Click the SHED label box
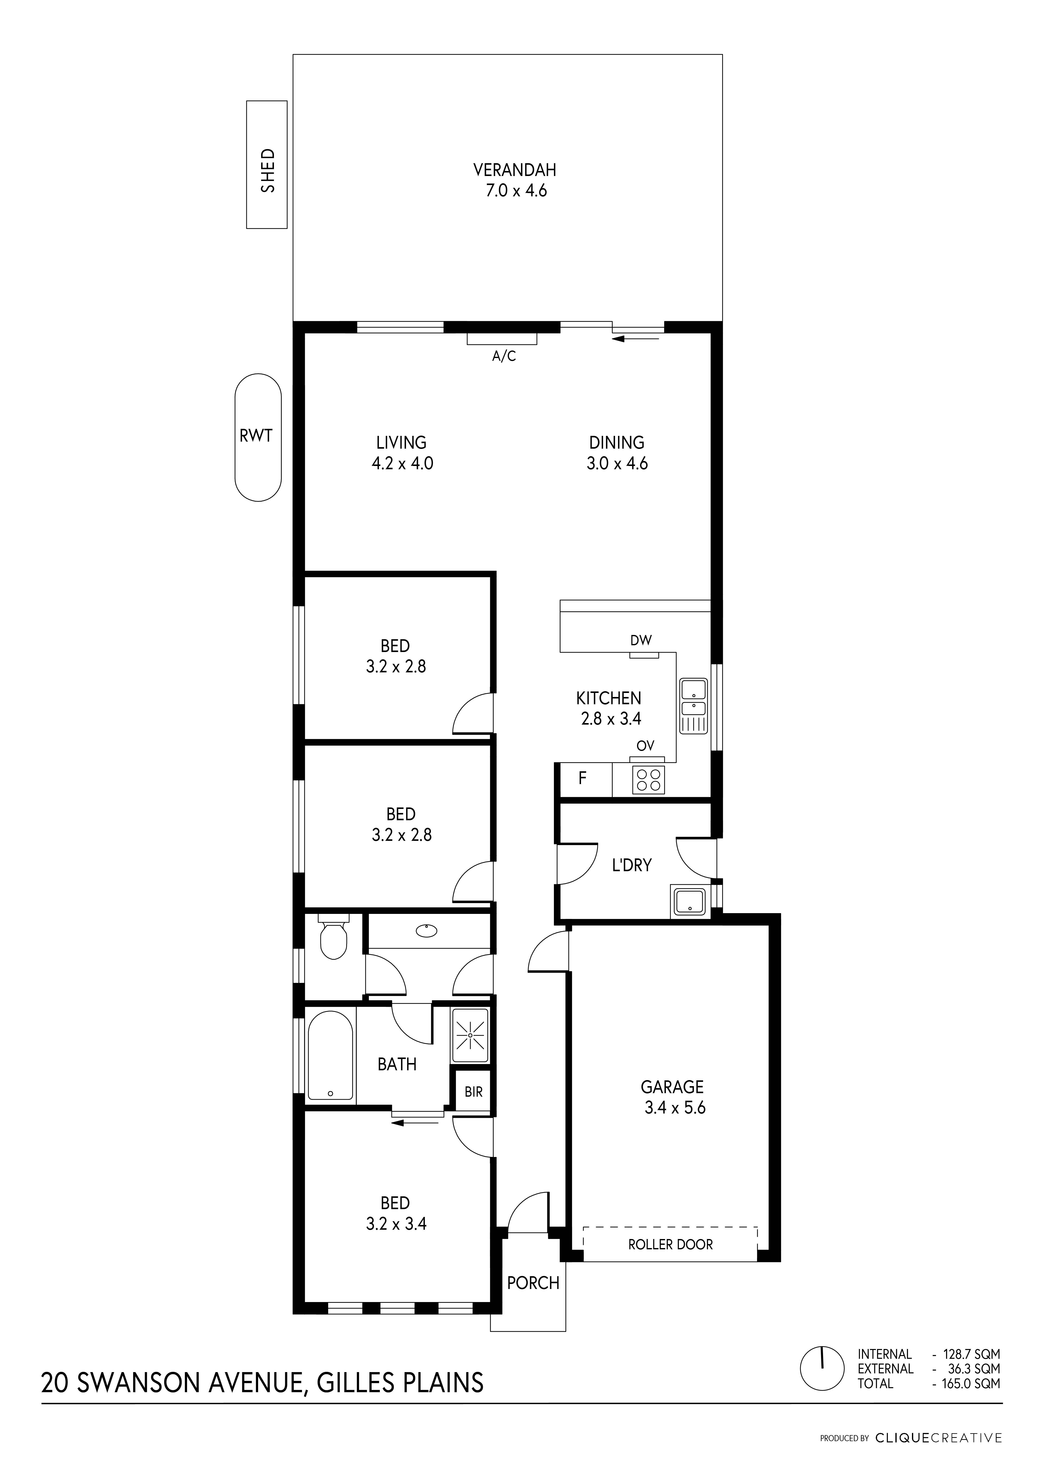267,164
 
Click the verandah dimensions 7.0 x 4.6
515,191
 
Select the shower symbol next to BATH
470,1034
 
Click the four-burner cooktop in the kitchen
649,781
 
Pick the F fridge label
582,778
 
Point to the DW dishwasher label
641,640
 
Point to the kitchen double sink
693,706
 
